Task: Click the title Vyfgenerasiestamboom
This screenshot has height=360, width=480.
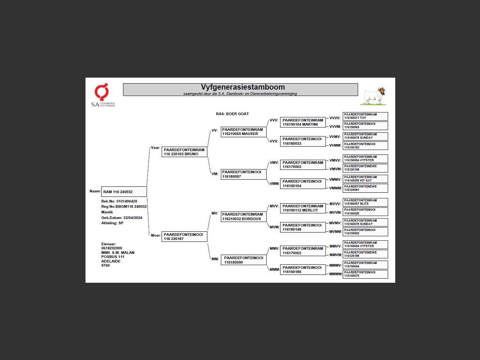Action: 243,87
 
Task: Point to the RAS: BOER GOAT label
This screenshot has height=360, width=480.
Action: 232,114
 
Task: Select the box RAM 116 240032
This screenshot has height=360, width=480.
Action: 124,192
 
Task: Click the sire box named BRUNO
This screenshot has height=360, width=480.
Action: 184,152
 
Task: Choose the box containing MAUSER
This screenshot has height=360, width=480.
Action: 243,132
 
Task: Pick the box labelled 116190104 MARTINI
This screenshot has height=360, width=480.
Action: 303,122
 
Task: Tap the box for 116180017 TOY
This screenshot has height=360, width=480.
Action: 365,116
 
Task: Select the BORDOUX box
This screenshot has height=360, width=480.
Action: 243,217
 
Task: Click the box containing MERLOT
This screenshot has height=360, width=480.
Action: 303,208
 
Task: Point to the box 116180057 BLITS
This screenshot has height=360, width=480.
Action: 365,202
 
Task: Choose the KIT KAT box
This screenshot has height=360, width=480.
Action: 365,179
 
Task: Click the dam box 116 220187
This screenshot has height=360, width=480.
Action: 184,237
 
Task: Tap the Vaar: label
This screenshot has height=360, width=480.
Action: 155,148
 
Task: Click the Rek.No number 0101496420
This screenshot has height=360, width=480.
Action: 127,201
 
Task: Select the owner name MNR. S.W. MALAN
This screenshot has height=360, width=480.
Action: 118,253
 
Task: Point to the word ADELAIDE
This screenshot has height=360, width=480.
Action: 111,261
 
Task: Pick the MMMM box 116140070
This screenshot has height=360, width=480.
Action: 365,274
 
